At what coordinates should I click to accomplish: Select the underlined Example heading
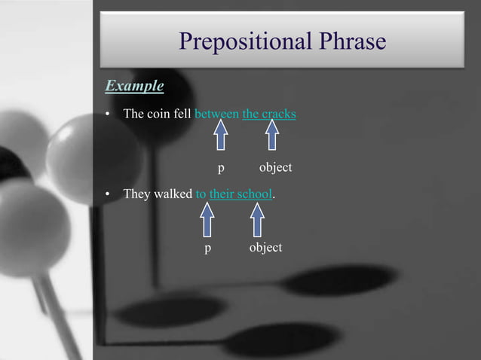(x=134, y=86)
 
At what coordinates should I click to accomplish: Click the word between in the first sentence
(x=216, y=114)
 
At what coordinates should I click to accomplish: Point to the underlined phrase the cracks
(x=269, y=114)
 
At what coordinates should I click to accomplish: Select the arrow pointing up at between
(x=220, y=137)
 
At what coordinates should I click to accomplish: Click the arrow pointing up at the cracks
(x=272, y=137)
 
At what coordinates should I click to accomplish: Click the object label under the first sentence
(x=275, y=166)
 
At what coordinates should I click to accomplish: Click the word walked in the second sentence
(x=173, y=194)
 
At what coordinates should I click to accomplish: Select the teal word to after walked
(x=201, y=194)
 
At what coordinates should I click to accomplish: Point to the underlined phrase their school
(x=240, y=194)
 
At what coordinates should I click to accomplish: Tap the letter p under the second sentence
(x=207, y=249)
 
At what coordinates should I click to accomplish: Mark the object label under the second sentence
(x=265, y=247)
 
